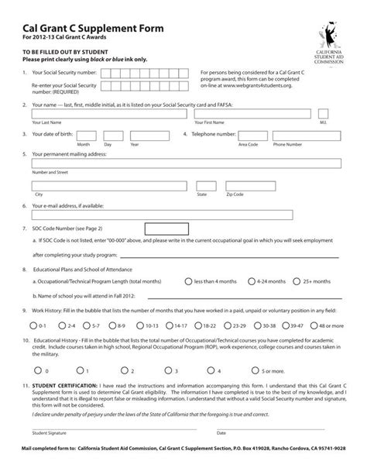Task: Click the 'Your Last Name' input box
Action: point(108,114)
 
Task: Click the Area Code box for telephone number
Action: point(248,135)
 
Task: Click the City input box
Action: point(108,186)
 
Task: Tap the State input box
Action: point(205,186)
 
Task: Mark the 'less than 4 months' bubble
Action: point(190,281)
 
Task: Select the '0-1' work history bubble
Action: point(33,325)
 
